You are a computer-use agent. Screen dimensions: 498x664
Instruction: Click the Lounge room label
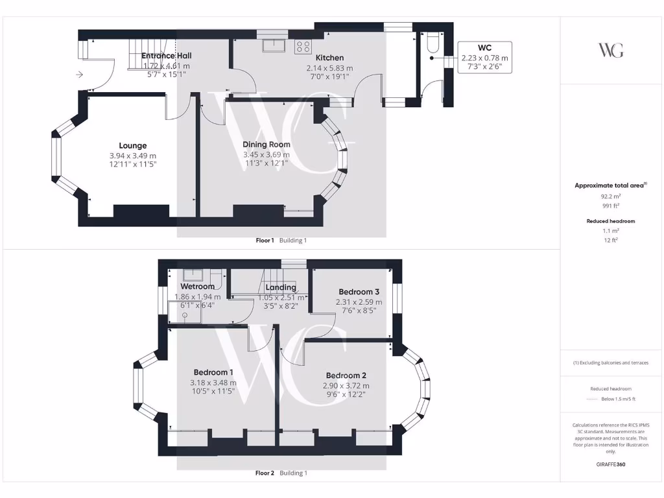point(132,146)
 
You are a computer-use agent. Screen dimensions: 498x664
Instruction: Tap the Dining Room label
point(266,145)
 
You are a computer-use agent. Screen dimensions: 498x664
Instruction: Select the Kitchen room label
point(329,58)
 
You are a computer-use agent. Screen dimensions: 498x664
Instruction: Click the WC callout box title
point(484,48)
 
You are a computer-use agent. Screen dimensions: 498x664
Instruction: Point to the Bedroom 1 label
point(213,372)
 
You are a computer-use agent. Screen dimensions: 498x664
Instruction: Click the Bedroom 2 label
point(346,375)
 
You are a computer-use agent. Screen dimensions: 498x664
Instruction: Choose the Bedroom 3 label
point(359,292)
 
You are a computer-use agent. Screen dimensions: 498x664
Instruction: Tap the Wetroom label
point(197,287)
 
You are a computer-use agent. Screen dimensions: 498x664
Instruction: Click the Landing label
point(281,287)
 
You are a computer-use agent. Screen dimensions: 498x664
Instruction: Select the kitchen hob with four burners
point(302,45)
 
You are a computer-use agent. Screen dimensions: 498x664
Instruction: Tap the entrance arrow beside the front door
point(79,75)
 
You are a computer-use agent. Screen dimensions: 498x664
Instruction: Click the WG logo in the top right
point(610,50)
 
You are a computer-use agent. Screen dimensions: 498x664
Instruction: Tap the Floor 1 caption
point(265,241)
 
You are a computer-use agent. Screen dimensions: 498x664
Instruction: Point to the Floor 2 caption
point(265,473)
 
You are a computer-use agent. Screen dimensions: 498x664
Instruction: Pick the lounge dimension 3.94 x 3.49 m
point(132,156)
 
